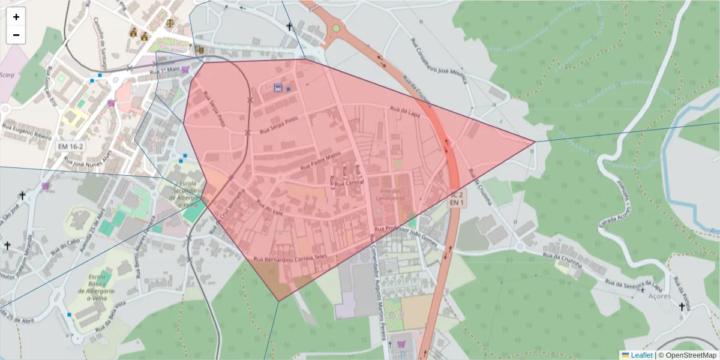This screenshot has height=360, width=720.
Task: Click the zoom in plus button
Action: coord(16,17)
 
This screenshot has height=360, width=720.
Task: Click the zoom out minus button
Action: coord(16,35)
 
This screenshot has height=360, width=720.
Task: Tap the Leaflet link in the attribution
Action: coord(641,355)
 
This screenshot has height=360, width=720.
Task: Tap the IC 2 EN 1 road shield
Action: coord(458,199)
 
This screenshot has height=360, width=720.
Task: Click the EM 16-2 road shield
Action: coord(71,146)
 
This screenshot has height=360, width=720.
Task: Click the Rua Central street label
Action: coord(349,183)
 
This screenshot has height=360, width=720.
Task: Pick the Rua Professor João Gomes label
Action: coord(406,229)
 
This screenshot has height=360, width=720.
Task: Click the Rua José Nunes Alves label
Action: coord(88,158)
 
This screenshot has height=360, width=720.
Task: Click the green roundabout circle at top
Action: coord(336,28)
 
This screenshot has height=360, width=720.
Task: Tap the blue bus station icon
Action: coord(278,88)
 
